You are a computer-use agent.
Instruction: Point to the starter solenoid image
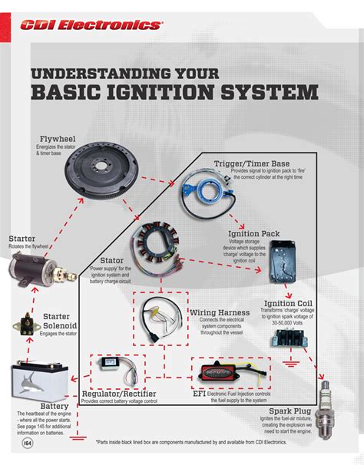click(x=25, y=327)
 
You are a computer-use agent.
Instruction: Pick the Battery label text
click(x=33, y=407)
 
